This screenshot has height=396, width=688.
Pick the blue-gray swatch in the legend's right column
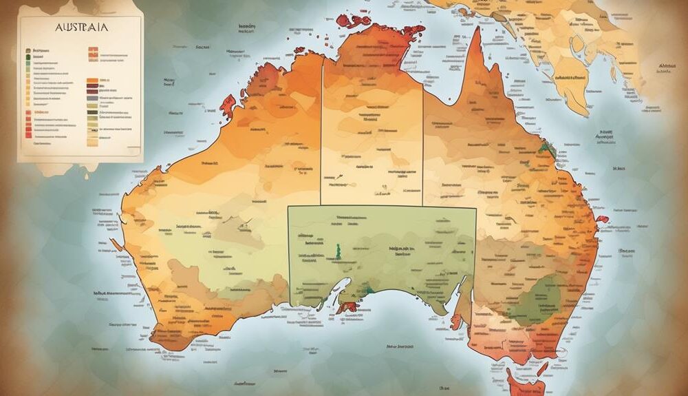[92, 98]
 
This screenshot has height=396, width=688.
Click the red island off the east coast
[603, 220]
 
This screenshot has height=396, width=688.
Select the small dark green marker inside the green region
[338, 249]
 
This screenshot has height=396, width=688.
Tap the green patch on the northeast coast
[547, 146]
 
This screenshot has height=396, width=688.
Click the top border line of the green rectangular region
[382, 206]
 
